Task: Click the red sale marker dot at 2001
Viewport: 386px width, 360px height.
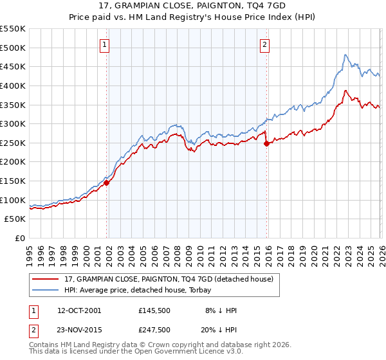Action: point(107,183)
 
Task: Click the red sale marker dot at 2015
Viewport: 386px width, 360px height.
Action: point(266,144)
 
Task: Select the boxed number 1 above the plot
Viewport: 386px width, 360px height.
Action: point(105,44)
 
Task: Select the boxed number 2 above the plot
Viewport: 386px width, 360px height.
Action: point(264,44)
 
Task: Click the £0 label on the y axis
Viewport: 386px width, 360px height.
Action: point(19,239)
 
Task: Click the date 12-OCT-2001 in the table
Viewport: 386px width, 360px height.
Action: point(79,310)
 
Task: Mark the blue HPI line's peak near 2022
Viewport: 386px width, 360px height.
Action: point(345,55)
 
